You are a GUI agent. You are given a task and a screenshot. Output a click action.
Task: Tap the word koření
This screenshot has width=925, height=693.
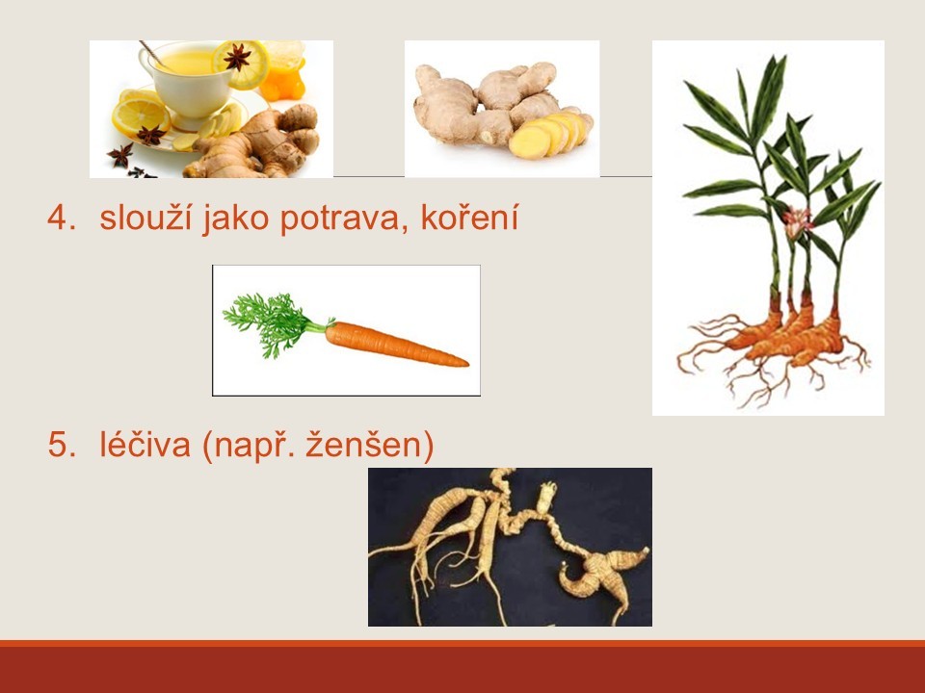(x=469, y=218)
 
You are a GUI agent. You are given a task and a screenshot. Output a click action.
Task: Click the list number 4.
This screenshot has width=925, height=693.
(x=62, y=218)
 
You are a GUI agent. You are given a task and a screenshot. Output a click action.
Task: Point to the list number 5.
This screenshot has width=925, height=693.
(x=62, y=445)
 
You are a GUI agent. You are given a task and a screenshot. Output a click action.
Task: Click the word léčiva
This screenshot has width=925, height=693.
(x=145, y=444)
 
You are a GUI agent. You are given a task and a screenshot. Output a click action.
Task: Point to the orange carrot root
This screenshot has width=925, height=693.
(x=395, y=345)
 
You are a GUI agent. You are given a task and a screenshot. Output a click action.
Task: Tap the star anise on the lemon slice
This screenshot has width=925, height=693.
(x=238, y=57)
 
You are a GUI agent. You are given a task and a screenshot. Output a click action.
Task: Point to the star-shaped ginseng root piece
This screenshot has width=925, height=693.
(x=603, y=575)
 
